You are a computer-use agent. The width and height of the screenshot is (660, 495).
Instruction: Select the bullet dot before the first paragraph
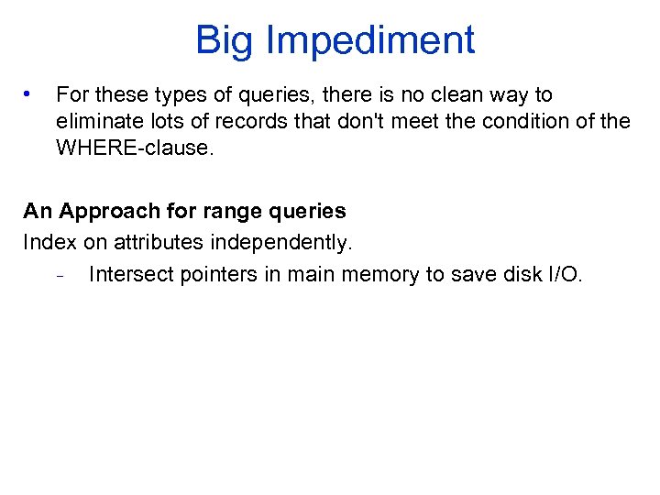coord(29,93)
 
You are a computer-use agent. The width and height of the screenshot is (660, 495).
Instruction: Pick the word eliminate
coord(96,121)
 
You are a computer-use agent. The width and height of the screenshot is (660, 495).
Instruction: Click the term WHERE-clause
coord(134,148)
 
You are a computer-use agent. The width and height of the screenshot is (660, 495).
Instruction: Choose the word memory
coord(381,274)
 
